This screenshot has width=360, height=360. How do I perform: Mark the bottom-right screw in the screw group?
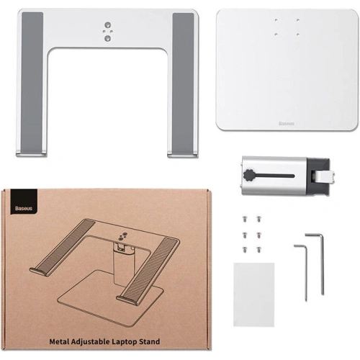click(258, 249)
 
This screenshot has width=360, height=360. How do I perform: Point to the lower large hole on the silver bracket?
click(107, 38)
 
